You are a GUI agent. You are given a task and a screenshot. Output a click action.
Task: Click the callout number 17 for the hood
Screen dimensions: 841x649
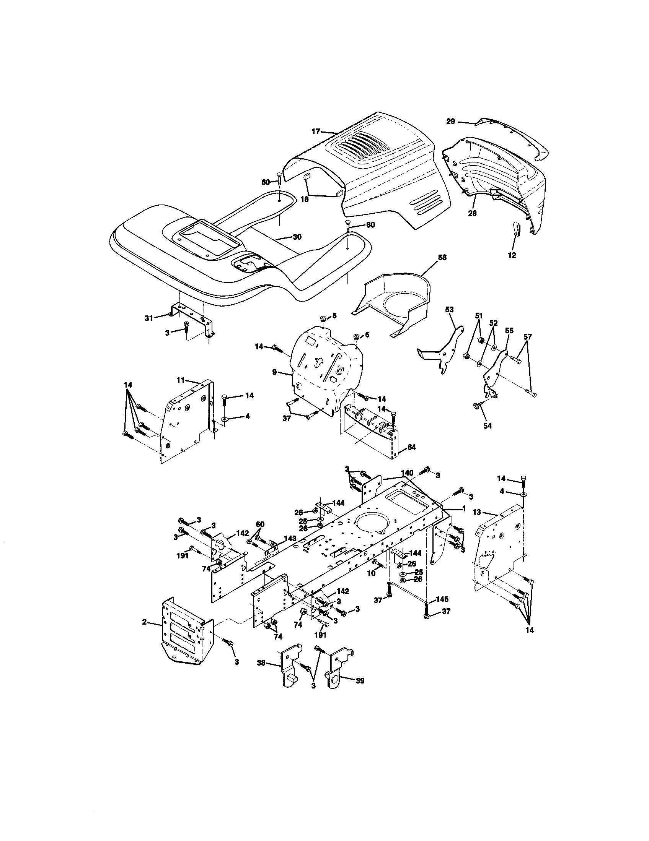click(316, 132)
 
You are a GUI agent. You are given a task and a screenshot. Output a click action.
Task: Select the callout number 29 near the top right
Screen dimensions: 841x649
click(450, 121)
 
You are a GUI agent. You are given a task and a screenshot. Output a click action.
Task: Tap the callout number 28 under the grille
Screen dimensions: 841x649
click(472, 213)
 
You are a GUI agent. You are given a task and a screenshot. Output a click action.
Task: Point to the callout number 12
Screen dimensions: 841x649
click(512, 255)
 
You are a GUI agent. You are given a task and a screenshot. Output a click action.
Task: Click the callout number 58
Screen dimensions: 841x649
click(442, 257)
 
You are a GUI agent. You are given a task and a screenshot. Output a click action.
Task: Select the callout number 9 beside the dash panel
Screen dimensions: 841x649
click(274, 372)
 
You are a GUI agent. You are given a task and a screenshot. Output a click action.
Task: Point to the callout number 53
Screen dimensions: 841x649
click(449, 309)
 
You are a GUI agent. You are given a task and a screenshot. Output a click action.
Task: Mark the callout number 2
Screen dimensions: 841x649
click(144, 622)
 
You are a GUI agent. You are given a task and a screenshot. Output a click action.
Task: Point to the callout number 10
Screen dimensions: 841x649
click(370, 584)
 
